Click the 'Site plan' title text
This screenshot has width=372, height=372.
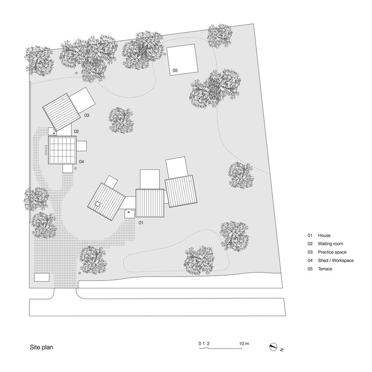point(41,348)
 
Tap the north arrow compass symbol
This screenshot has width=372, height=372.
point(273,347)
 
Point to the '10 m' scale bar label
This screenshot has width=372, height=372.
point(244,344)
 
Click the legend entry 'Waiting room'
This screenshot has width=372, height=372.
point(330,244)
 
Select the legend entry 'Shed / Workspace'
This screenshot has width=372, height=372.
point(336,260)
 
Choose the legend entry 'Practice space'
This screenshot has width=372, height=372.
point(332,252)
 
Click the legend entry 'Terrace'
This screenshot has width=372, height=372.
point(325,269)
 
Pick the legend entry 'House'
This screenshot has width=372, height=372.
point(324,235)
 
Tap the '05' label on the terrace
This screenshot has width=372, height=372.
point(175,70)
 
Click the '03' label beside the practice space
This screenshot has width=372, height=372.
point(87,116)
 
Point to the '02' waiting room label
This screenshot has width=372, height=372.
point(76,132)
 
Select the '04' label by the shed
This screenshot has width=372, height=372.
point(81,162)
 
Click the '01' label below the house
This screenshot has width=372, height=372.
point(141,223)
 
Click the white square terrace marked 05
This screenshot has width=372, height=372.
point(182,60)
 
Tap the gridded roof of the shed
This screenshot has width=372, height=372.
point(62,150)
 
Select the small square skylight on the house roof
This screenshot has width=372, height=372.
point(98,204)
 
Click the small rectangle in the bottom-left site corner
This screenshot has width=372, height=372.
point(42,278)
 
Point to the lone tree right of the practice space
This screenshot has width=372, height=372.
point(121,120)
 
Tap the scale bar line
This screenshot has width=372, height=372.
point(221,349)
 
